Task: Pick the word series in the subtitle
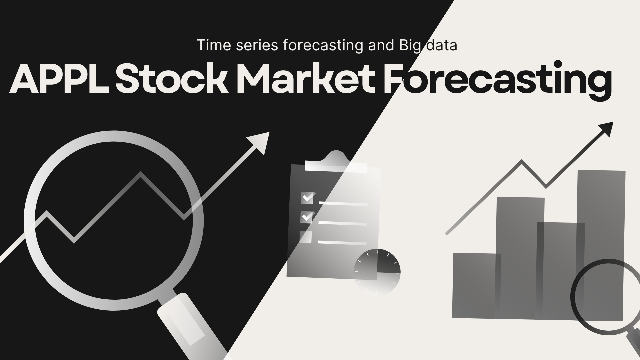pos(257,46)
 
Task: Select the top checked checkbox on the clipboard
pos(307,197)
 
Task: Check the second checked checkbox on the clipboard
pos(307,217)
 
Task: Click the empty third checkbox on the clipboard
pos(306,237)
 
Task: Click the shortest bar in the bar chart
pos(476,285)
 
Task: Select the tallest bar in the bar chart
pos(601,245)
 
